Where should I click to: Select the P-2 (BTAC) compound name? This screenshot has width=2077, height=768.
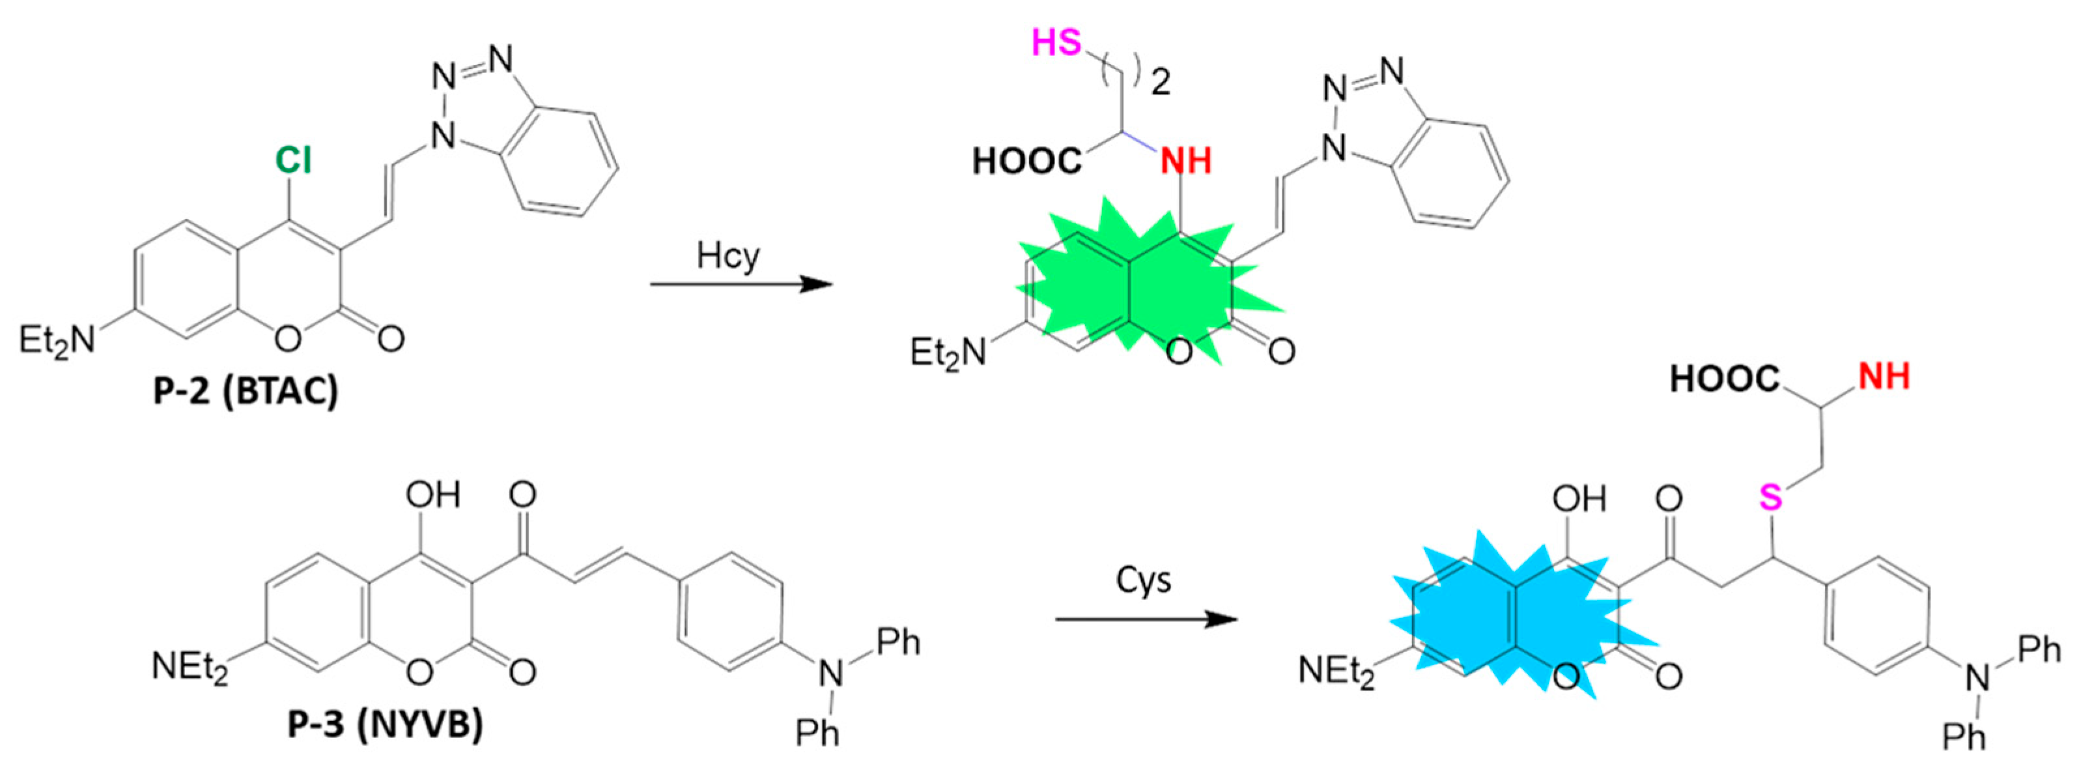pos(246,391)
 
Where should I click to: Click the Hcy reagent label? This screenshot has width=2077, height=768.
pos(728,257)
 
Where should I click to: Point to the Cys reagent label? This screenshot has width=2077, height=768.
pos(1143,580)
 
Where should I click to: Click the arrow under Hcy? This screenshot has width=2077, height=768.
pos(740,284)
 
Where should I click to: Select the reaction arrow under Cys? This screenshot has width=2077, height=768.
pos(1146,619)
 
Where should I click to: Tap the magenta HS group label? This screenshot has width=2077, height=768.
pos(1057,42)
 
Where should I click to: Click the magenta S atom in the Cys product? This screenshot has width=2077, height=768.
pos(1771,498)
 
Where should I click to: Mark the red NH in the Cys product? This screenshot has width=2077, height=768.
pos(1884,377)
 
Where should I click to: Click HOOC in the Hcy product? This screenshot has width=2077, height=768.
pos(1026,162)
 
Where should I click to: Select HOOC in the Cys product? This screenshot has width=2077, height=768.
pos(1725,379)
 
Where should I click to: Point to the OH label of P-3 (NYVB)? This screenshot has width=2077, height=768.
pos(433,494)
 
